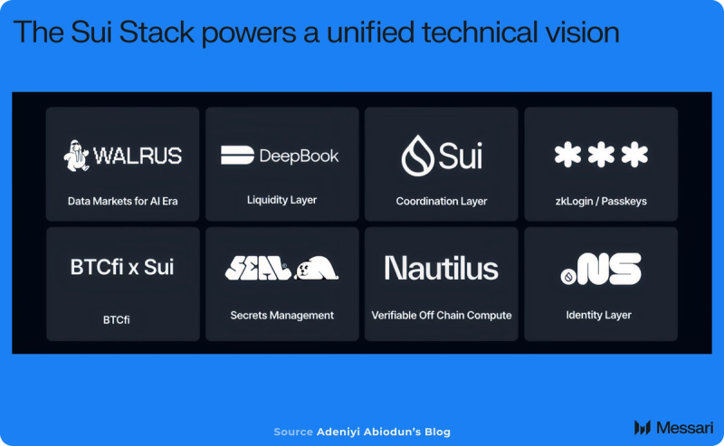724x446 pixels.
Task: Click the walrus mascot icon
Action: [x=76, y=156]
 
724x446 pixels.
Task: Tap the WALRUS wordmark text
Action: [x=138, y=156]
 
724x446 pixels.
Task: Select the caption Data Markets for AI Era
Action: [x=122, y=202]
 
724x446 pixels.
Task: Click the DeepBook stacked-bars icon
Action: [x=237, y=155]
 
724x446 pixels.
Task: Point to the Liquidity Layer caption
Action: [x=281, y=200]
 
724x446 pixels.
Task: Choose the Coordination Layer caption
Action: [x=442, y=202]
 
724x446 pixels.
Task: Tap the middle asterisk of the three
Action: [x=601, y=154]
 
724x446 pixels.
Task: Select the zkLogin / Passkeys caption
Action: [x=601, y=202]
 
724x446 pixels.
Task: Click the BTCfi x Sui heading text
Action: [x=122, y=267]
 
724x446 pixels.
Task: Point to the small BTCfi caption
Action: [x=117, y=319]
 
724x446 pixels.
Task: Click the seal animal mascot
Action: [x=316, y=268]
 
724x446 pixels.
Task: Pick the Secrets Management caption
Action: [x=281, y=316]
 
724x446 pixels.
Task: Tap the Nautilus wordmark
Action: [x=442, y=268]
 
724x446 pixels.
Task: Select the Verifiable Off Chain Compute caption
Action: [x=442, y=316]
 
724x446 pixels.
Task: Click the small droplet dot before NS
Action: [x=568, y=277]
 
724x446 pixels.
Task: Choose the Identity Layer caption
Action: [x=598, y=315]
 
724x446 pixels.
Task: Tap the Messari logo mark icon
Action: [x=643, y=428]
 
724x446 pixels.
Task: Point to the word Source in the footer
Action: [x=293, y=432]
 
